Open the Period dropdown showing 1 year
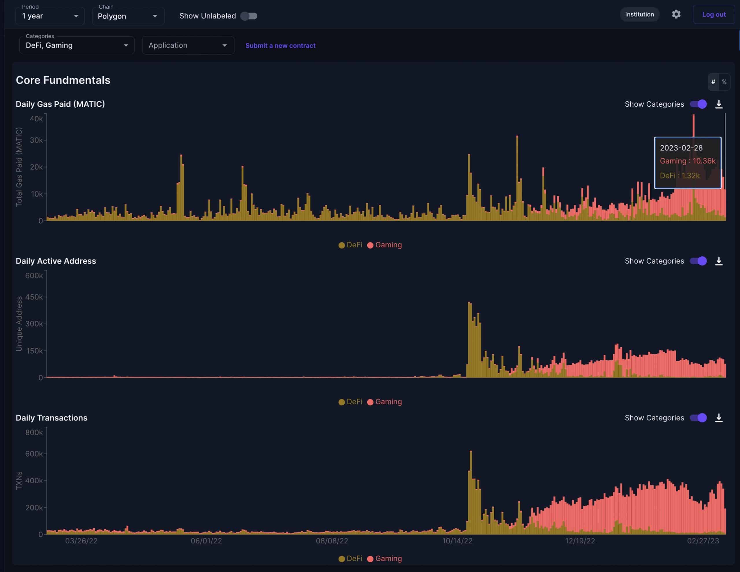pos(50,16)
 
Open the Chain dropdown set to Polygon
pos(128,16)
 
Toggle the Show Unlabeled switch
pos(249,16)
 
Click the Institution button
pos(639,14)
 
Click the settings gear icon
pos(676,14)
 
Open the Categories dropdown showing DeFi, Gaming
pos(77,45)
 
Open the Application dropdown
pos(188,45)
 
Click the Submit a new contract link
pos(280,45)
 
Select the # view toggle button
pos(713,82)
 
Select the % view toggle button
pos(724,82)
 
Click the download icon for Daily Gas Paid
pos(719,104)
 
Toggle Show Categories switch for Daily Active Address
pos(698,261)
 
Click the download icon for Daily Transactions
pos(719,418)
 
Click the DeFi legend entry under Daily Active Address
pos(351,402)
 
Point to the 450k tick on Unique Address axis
pos(34,297)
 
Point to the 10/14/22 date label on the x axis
pos(457,541)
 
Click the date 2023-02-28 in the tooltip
pos(681,148)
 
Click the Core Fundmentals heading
pos(63,80)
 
